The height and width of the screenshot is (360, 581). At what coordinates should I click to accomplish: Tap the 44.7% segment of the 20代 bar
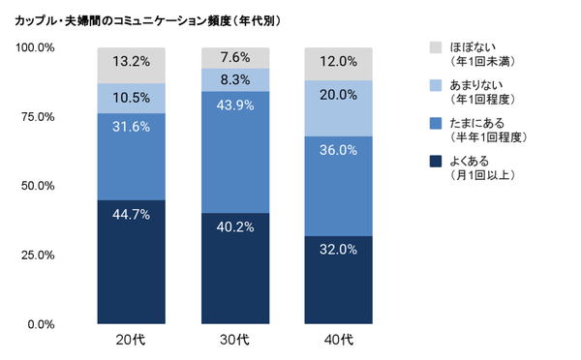pos(132,261)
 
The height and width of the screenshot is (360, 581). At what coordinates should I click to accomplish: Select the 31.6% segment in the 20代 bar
pos(132,157)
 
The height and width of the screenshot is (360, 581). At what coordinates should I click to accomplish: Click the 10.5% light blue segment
pos(132,99)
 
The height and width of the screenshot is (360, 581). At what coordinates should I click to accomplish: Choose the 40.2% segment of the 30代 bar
pos(235,268)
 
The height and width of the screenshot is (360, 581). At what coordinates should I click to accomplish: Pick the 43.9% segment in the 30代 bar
pos(235,152)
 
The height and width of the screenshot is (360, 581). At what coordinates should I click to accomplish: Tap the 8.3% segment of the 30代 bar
pos(235,80)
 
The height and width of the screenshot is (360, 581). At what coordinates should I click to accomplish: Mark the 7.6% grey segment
pos(235,58)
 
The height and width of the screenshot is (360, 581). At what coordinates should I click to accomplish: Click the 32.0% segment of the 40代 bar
pos(339,280)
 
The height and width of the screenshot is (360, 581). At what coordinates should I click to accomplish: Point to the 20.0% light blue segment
pos(339,108)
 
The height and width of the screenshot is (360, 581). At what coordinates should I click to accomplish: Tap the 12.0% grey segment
pos(339,64)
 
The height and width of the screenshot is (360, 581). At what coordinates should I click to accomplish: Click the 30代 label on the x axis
pos(235,340)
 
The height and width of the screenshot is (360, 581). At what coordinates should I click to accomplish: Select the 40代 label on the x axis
pos(339,340)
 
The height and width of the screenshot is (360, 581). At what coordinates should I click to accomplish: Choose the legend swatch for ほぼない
pos(435,47)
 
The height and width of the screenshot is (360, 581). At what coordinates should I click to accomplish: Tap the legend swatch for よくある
pos(435,162)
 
